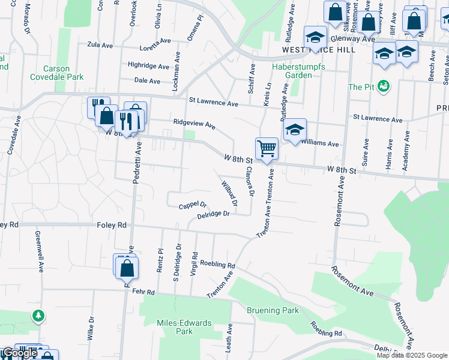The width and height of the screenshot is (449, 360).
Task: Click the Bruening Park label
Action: [x=273, y=310]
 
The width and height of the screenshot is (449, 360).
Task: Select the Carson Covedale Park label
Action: [x=63, y=73]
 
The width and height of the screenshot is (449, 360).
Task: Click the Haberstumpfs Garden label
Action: [x=298, y=71]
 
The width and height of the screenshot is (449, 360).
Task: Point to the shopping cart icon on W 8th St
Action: [x=266, y=148]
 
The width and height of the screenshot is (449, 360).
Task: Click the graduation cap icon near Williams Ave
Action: [x=294, y=130]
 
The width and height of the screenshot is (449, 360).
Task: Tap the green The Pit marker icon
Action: [x=384, y=86]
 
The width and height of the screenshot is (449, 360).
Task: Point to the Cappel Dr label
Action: [x=193, y=206]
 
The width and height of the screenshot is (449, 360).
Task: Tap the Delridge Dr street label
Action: [x=214, y=214]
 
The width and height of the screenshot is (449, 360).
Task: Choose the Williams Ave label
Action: [x=321, y=144]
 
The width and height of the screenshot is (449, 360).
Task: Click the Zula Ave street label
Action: [x=100, y=44]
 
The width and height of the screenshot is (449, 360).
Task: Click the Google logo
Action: [x=20, y=353]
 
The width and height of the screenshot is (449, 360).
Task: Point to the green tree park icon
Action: [x=38, y=315]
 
